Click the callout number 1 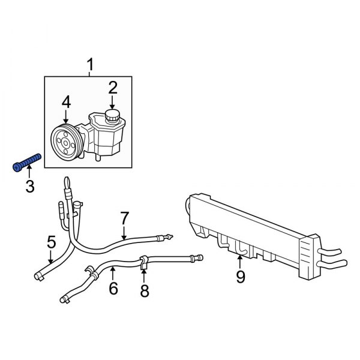point(91,64)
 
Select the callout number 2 point(112,89)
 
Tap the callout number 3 point(29,188)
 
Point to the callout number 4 point(66,102)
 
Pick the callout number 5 point(51,242)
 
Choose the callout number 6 point(113,289)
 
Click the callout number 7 point(124,217)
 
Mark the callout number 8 point(144,291)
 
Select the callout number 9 point(240,277)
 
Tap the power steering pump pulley point(65,142)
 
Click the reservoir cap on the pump point(112,115)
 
